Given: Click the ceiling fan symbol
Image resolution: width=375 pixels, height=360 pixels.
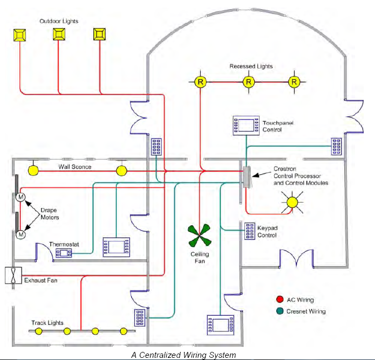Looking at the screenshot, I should [200, 235].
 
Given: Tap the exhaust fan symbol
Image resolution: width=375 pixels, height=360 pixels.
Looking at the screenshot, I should [12, 276].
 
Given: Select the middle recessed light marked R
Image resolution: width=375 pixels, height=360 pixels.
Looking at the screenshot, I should [248, 82].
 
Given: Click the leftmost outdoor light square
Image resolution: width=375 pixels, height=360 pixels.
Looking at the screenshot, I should [20, 34].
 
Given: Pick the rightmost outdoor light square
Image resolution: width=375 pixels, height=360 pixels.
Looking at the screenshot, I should [99, 34].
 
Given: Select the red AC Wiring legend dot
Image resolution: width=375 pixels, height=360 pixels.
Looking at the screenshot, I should [279, 300].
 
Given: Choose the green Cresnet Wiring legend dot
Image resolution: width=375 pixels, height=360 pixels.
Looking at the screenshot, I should [279, 311].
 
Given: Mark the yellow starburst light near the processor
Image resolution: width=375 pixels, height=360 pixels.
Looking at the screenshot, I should [292, 202].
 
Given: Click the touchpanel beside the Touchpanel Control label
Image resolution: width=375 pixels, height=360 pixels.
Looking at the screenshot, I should [246, 126].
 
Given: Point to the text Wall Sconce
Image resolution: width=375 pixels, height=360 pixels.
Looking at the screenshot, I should [76, 167].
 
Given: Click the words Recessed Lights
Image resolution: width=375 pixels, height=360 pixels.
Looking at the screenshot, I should [251, 66].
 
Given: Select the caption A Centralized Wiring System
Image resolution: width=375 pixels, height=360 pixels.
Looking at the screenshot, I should [184, 354].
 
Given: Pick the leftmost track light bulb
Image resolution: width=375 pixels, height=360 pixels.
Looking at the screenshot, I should [39, 330].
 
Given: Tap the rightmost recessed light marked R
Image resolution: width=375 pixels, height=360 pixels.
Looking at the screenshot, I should [294, 82].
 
